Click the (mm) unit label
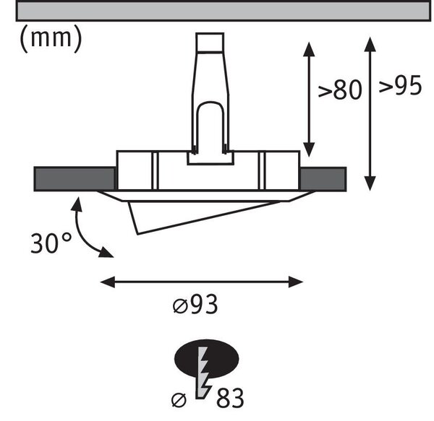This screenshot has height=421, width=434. coord(51,40)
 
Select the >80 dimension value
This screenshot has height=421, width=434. coord(340,90)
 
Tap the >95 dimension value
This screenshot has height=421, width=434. coord(400,85)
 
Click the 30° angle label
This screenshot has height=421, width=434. coord(51,243)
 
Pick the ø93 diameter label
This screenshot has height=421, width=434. coord(195,305)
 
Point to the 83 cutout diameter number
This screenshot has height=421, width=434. coord(230,398)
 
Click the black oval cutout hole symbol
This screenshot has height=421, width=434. coord(206,359)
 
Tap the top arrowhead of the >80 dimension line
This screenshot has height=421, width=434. coord(309,49)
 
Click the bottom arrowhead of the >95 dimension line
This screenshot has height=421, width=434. coord(370,183)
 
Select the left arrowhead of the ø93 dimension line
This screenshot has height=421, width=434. coord(107,282)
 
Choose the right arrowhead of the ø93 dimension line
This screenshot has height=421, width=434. coord(296,282)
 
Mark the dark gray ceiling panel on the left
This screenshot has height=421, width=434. coord(75,179)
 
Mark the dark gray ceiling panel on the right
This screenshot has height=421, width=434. coord(323,179)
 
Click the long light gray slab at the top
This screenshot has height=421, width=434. coord(223,11)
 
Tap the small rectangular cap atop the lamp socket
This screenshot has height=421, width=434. coord(210,43)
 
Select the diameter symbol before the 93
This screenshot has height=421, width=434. coord(180,306)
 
